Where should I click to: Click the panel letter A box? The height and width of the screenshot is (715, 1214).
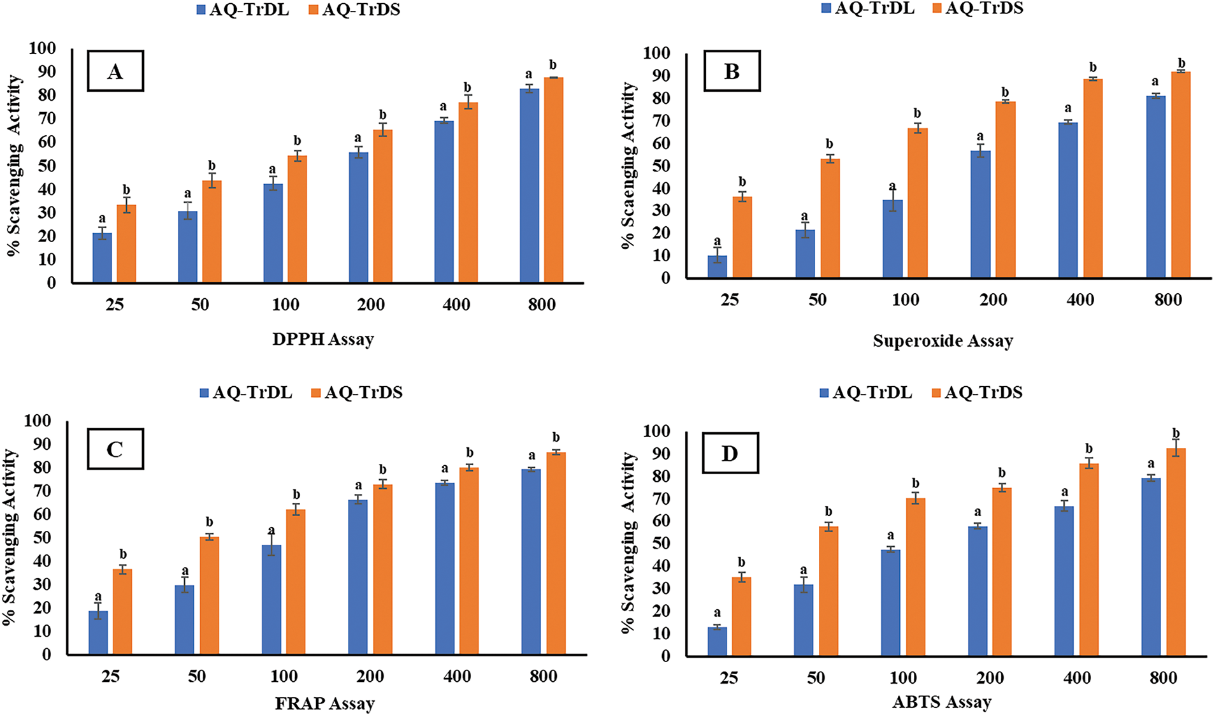(115, 71)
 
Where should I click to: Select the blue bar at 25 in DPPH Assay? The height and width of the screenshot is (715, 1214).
(102, 258)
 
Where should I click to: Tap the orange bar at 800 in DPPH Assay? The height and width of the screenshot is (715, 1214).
(553, 180)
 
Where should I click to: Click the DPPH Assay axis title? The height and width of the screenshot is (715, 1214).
(323, 339)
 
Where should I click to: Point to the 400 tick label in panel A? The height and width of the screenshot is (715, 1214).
(456, 305)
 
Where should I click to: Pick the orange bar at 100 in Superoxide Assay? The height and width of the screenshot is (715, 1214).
(917, 203)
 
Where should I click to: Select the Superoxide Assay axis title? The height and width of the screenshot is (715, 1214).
(943, 341)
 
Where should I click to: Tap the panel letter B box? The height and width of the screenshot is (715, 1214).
(732, 71)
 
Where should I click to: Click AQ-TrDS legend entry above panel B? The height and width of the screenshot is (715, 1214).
(978, 8)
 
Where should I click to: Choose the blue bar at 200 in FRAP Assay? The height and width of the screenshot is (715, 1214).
(358, 577)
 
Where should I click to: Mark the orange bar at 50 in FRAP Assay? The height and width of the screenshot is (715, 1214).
(209, 595)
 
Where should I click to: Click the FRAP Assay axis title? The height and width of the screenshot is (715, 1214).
(324, 704)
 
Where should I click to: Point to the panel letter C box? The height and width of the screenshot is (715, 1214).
(115, 449)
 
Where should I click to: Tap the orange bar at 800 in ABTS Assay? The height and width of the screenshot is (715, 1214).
(1176, 552)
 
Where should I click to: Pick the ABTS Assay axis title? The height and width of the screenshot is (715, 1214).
(942, 702)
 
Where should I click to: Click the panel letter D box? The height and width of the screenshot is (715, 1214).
(730, 453)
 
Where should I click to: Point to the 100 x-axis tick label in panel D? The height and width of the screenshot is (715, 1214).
(903, 677)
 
